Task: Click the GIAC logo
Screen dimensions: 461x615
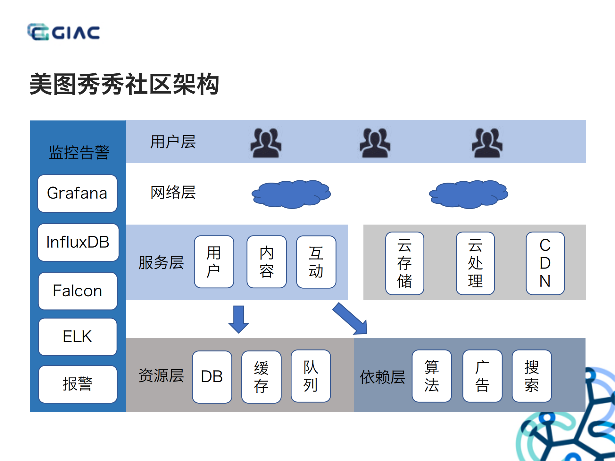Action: coord(63,32)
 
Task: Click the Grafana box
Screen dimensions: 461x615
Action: coord(77,193)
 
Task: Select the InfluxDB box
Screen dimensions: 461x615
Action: coord(78,242)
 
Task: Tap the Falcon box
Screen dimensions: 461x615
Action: coord(78,291)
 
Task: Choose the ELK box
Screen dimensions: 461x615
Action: coord(78,337)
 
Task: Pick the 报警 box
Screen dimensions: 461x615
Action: coord(78,384)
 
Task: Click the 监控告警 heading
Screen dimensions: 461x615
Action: coord(79,152)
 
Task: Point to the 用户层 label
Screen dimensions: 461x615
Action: coord(173,142)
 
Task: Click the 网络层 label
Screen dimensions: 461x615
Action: coord(173,192)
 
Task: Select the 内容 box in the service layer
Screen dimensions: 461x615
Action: coord(266,262)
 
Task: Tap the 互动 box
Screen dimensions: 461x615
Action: coord(316,262)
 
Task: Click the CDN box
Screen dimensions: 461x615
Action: coord(545,263)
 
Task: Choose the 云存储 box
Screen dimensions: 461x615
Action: coord(404,263)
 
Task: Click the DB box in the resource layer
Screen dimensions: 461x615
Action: coord(212,377)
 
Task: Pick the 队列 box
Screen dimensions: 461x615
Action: coord(310,376)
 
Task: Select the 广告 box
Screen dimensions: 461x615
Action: coord(482,376)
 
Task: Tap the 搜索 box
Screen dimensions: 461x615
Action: coord(531,376)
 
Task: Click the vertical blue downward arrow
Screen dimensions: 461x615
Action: coord(238,319)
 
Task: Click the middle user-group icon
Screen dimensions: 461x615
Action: coord(375,143)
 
